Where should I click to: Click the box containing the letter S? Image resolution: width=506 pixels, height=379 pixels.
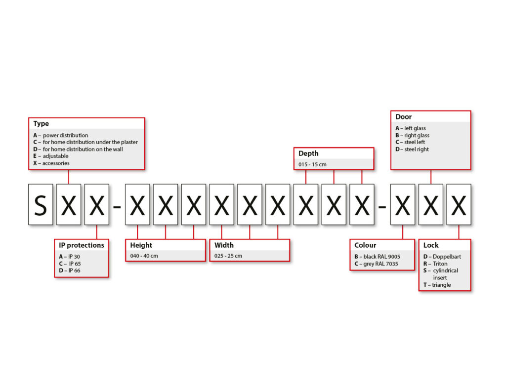point(41,204)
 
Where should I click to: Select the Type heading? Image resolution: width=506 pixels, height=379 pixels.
point(41,123)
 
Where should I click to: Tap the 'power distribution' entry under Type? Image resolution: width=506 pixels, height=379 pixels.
point(66,135)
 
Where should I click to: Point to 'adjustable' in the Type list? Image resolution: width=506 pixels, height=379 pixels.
point(55,156)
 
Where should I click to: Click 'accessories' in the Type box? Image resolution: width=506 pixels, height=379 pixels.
point(56,163)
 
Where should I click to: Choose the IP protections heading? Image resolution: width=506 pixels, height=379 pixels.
point(82,245)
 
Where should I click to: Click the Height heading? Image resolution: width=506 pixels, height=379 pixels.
point(141,245)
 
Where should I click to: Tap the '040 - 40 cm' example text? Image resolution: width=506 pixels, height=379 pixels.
point(144,256)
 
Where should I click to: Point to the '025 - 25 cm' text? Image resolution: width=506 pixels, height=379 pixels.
point(228,256)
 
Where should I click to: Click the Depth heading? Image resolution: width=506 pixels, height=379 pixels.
point(308,153)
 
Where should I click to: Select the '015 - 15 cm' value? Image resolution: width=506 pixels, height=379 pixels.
point(312,164)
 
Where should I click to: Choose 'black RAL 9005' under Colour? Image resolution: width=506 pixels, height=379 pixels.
point(382,257)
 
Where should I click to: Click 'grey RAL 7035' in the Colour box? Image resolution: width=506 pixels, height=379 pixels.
point(381,264)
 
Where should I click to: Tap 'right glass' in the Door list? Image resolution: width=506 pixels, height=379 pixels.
point(417,135)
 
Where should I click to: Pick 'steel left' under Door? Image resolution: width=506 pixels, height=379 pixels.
point(415,142)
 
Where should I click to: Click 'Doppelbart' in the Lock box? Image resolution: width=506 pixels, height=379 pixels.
point(447,257)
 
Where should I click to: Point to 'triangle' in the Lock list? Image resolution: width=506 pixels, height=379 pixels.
point(441,285)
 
